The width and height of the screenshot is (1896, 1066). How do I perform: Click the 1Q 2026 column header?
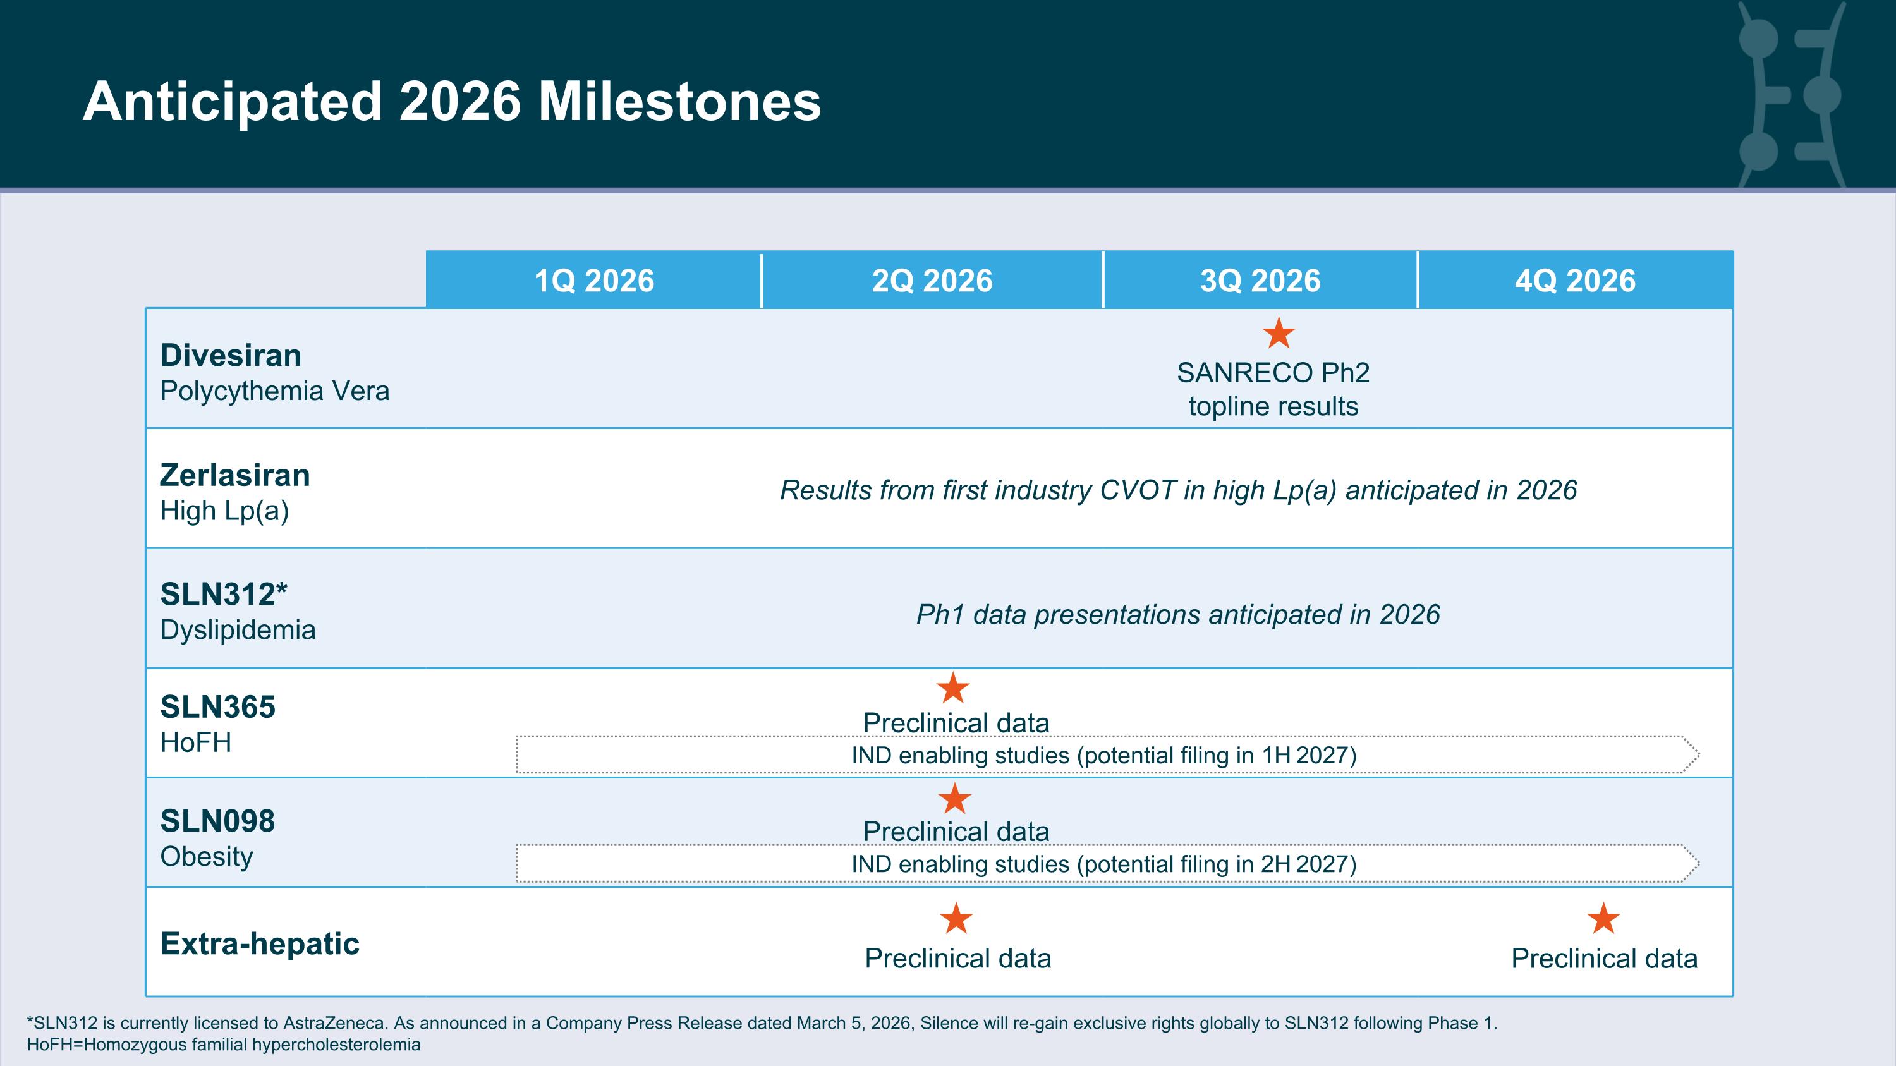(594, 281)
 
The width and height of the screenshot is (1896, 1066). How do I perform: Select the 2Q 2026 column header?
(932, 281)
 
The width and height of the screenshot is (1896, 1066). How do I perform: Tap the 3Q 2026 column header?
(1260, 281)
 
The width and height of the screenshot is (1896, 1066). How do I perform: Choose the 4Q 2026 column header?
(1575, 281)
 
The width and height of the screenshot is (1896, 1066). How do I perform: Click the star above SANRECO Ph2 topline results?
(1279, 333)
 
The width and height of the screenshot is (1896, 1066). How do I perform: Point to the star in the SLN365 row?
(953, 688)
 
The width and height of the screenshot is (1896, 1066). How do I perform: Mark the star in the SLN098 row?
(954, 798)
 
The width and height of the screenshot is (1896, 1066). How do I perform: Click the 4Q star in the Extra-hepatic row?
(1604, 918)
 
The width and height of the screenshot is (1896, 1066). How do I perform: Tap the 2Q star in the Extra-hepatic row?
(957, 918)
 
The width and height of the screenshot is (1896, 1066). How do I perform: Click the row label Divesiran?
(231, 355)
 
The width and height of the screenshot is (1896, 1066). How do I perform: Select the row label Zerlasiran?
(236, 475)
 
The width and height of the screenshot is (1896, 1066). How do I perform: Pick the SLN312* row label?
(224, 595)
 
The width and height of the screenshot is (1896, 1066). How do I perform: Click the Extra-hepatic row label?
(260, 944)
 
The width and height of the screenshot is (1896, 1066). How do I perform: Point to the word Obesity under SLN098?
(207, 856)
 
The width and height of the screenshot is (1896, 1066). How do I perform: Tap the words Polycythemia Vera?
(274, 391)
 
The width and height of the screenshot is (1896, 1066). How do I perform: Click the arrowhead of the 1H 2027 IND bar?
(1690, 754)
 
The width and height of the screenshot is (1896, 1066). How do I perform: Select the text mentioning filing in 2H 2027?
(1104, 864)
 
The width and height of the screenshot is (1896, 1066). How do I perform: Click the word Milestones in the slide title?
(679, 102)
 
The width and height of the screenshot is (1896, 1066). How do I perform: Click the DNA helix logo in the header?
(1790, 94)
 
